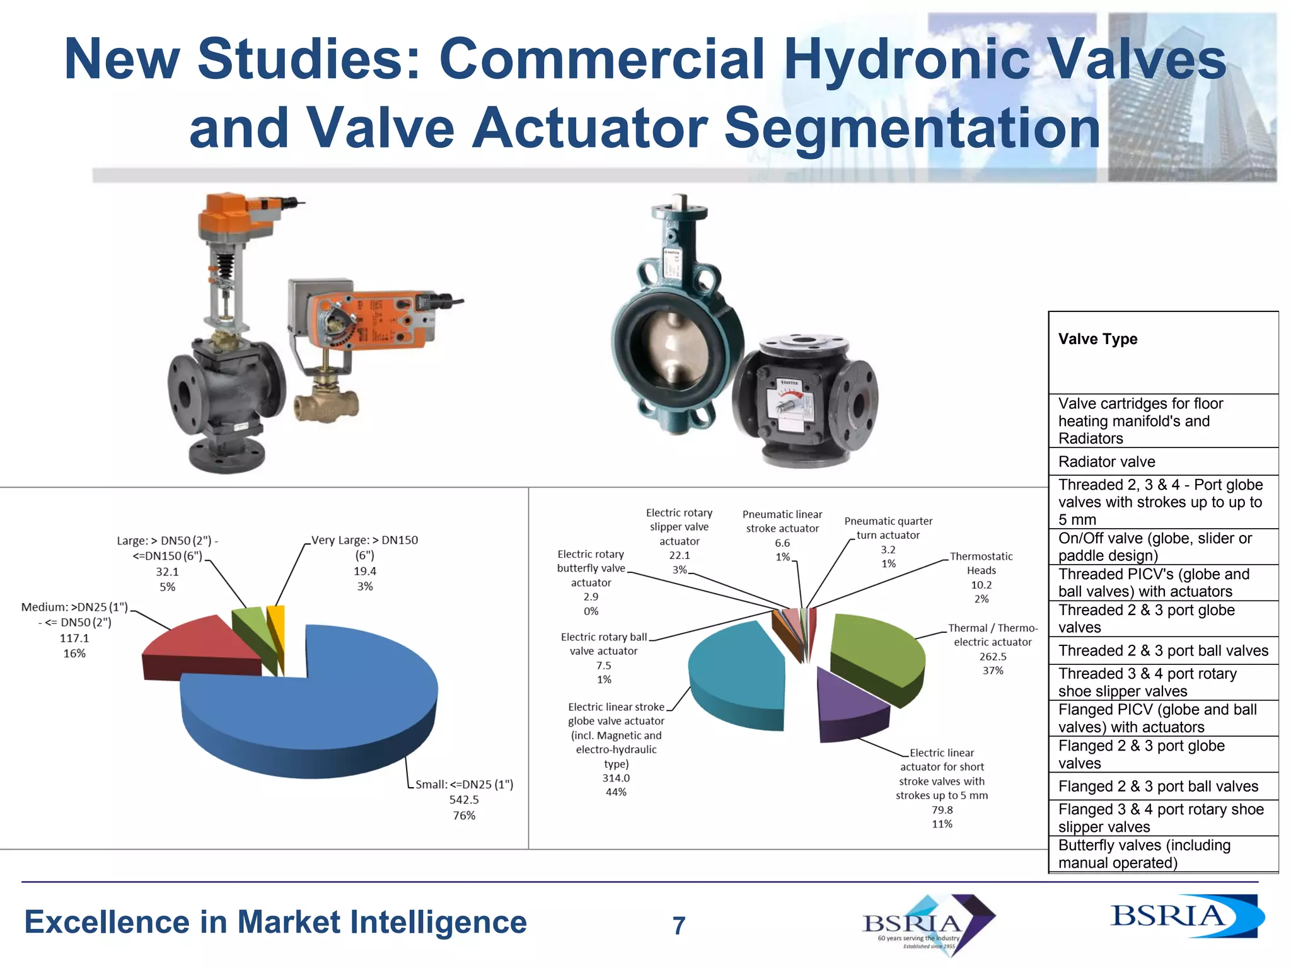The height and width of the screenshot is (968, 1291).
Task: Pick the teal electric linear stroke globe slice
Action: click(738, 674)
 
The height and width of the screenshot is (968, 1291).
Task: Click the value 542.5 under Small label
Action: click(464, 800)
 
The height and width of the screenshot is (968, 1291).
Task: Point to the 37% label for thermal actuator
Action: click(993, 671)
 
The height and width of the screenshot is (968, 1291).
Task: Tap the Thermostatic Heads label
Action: click(981, 563)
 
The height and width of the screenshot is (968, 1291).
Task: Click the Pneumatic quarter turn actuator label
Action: click(888, 528)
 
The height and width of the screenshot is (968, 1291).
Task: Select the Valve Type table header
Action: click(1097, 339)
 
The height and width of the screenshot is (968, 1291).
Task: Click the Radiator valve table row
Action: click(1106, 462)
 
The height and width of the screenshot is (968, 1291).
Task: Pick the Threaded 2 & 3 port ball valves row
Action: click(1163, 651)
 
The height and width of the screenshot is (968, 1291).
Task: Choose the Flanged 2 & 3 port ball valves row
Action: click(1158, 786)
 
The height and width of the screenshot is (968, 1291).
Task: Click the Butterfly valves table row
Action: click(1144, 854)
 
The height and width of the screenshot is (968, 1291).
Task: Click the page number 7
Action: click(679, 926)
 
